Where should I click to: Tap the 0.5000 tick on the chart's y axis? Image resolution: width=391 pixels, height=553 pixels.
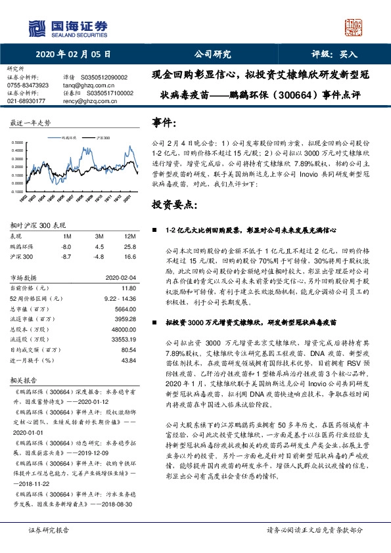[20, 143]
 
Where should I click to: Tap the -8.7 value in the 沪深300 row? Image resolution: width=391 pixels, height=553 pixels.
[66, 257]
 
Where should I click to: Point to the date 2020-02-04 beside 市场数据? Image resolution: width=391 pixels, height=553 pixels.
[120, 277]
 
